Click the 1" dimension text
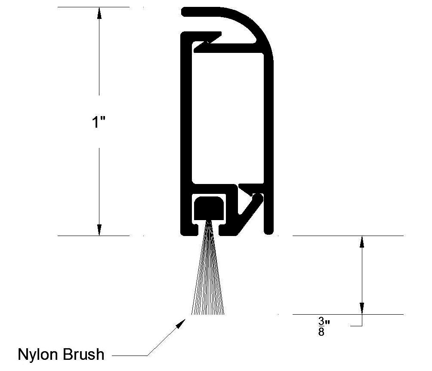click(x=99, y=122)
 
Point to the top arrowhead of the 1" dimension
click(x=99, y=13)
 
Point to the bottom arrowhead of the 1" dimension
click(x=99, y=230)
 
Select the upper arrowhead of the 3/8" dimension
click(x=362, y=242)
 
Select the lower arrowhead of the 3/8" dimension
click(x=362, y=308)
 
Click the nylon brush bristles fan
click(x=210, y=279)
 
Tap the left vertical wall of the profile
click(x=185, y=129)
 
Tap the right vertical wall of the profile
click(x=269, y=129)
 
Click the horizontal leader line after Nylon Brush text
click(x=129, y=356)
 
